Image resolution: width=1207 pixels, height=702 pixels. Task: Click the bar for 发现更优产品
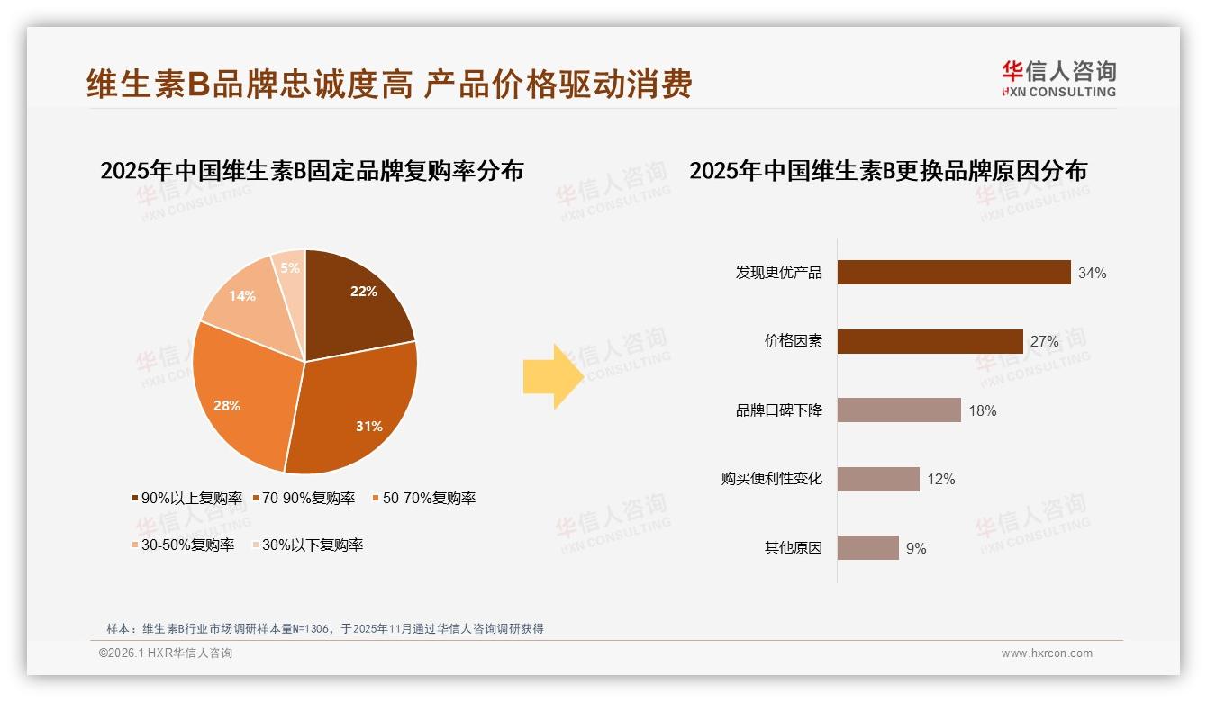[953, 273]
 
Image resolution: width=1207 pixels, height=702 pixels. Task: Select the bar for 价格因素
[930, 341]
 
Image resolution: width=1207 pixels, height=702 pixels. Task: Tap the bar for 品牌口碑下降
[898, 410]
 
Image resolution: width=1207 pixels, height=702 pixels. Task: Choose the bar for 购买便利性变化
[877, 479]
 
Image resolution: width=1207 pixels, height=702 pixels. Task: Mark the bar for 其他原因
[867, 547]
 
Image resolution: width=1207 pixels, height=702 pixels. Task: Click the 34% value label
[1092, 274]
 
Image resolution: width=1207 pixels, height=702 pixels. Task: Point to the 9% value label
[916, 548]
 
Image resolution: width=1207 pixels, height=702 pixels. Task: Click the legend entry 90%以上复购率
[187, 498]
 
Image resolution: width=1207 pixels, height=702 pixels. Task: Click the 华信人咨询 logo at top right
[1058, 78]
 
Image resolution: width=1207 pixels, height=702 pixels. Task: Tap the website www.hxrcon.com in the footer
[1047, 653]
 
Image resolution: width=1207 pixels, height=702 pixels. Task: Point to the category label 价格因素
[793, 342]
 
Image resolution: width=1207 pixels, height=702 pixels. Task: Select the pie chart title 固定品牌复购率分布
[312, 171]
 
